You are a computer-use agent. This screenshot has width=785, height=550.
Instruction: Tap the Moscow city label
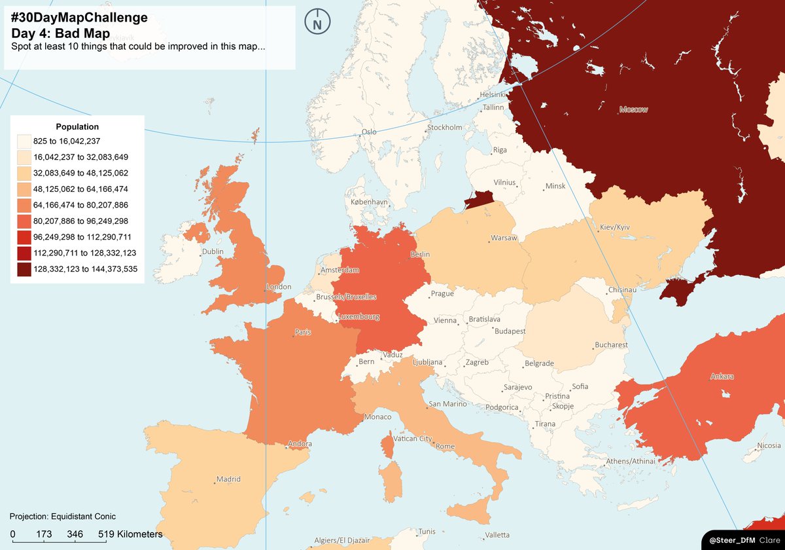[x=633, y=109]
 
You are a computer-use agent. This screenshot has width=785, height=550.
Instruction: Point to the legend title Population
[x=77, y=126]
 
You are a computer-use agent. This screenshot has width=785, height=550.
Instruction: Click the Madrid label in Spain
[x=228, y=479]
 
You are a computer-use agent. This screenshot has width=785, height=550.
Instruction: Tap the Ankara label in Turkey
[x=722, y=376]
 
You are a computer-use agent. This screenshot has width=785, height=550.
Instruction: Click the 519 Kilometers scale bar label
[x=130, y=534]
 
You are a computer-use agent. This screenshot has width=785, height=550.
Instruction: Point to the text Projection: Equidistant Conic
[x=63, y=517]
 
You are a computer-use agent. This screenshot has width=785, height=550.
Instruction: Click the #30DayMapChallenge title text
[x=79, y=18]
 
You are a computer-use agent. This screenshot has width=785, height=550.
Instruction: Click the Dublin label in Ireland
[x=213, y=251]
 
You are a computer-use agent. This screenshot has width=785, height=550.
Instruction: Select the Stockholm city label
[x=445, y=127]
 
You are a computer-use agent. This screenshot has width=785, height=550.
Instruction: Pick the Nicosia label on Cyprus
[x=769, y=446]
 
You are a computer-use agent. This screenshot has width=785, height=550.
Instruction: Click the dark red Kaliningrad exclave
[x=478, y=199]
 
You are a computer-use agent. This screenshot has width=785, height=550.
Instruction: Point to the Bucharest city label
[x=611, y=344]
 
